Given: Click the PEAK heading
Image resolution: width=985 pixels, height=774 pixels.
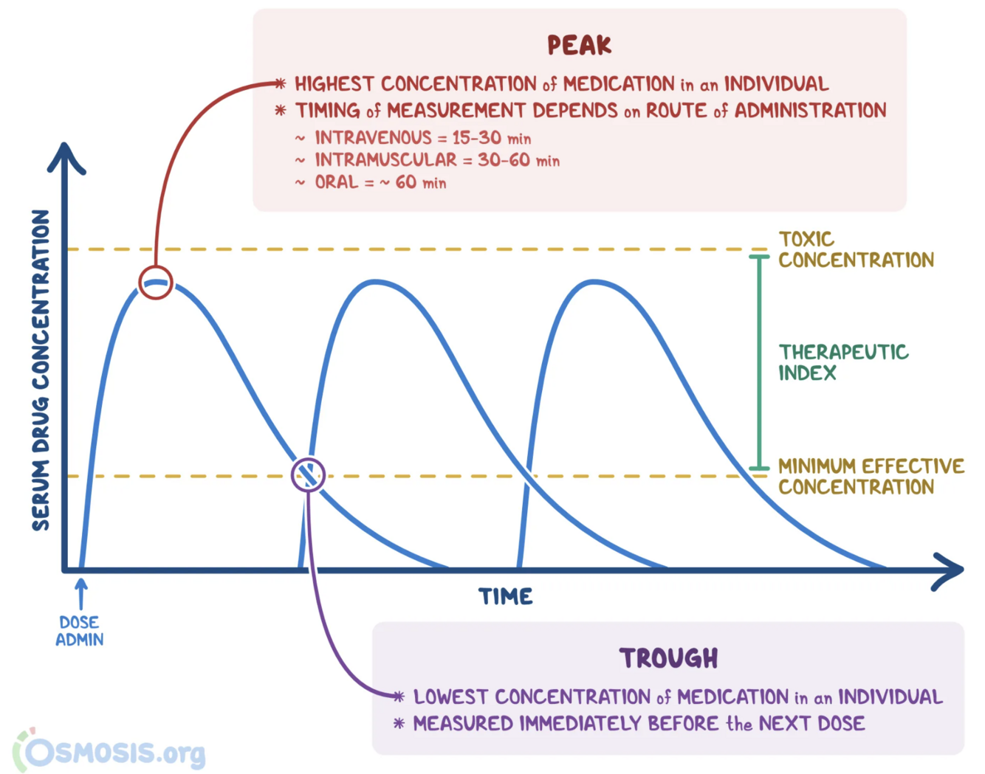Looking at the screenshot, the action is point(580,46).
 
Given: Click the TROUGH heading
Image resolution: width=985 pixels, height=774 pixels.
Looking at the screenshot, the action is point(668,658).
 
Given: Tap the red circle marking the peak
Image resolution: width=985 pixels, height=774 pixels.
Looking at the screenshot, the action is point(156,283).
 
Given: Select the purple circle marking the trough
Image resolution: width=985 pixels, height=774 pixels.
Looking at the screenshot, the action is point(308,475).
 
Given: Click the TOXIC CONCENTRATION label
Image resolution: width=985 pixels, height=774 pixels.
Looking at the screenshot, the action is point(855,249).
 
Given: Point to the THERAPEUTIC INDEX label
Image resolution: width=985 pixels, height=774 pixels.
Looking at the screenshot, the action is point(842,362).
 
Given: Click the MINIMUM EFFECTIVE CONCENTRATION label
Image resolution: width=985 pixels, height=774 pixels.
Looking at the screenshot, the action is point(871,477).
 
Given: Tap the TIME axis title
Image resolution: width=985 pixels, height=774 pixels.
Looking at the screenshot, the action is point(506,596).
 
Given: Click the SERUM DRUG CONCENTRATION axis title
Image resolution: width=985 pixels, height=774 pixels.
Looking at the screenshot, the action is point(41,370).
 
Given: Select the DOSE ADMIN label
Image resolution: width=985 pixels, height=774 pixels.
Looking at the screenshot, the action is point(80,631).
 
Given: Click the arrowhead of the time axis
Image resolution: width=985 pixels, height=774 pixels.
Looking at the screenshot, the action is point(950,570).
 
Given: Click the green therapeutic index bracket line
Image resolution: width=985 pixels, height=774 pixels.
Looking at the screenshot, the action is point(759,362).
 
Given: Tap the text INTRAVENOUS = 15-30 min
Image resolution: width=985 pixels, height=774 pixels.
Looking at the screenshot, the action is point(422,138).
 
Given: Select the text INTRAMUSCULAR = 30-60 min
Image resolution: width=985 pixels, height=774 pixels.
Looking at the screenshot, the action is point(437,160).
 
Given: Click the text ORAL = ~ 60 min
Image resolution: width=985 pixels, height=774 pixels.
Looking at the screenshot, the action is point(380,182).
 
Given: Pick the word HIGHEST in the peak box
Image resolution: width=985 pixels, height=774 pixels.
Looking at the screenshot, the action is point(334,84).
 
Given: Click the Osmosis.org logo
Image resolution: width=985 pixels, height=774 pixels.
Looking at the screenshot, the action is point(111,753).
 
